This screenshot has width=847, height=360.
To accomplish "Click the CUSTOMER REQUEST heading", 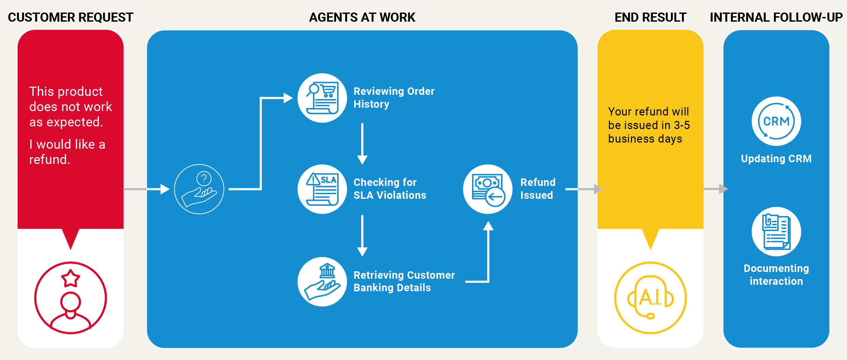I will tap(70, 17).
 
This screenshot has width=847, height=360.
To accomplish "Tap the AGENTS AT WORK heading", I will tap(362, 17).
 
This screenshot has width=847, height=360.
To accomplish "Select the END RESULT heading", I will tap(650, 17).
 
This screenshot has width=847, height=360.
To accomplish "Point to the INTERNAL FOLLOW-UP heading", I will tap(776, 17).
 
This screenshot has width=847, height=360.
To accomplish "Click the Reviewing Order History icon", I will tap(322, 98).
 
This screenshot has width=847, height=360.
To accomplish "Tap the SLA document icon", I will tap(322, 189).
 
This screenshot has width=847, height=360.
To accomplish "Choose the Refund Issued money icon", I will tap(488, 189).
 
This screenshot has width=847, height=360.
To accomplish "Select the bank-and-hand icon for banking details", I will tap(322, 281).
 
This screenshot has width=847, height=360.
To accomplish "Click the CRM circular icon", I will tap(776, 121).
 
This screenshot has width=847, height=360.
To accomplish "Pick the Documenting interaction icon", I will tap(776, 232).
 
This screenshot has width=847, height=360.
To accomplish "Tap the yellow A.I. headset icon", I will tap(650, 298).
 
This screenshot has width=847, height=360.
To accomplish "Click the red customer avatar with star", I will tap(70, 298).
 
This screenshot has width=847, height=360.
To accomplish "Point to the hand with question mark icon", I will tap(199, 189).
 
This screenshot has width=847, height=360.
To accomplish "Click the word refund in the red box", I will tap(49, 160).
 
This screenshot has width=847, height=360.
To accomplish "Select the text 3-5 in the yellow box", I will tap(682, 125).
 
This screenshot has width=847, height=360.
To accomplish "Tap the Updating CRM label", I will tap(776, 158).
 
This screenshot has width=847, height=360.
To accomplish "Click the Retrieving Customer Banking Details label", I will tap(404, 281).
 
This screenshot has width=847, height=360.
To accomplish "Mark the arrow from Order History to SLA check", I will tap(362, 144).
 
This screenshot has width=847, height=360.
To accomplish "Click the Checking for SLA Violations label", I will tap(390, 189).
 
